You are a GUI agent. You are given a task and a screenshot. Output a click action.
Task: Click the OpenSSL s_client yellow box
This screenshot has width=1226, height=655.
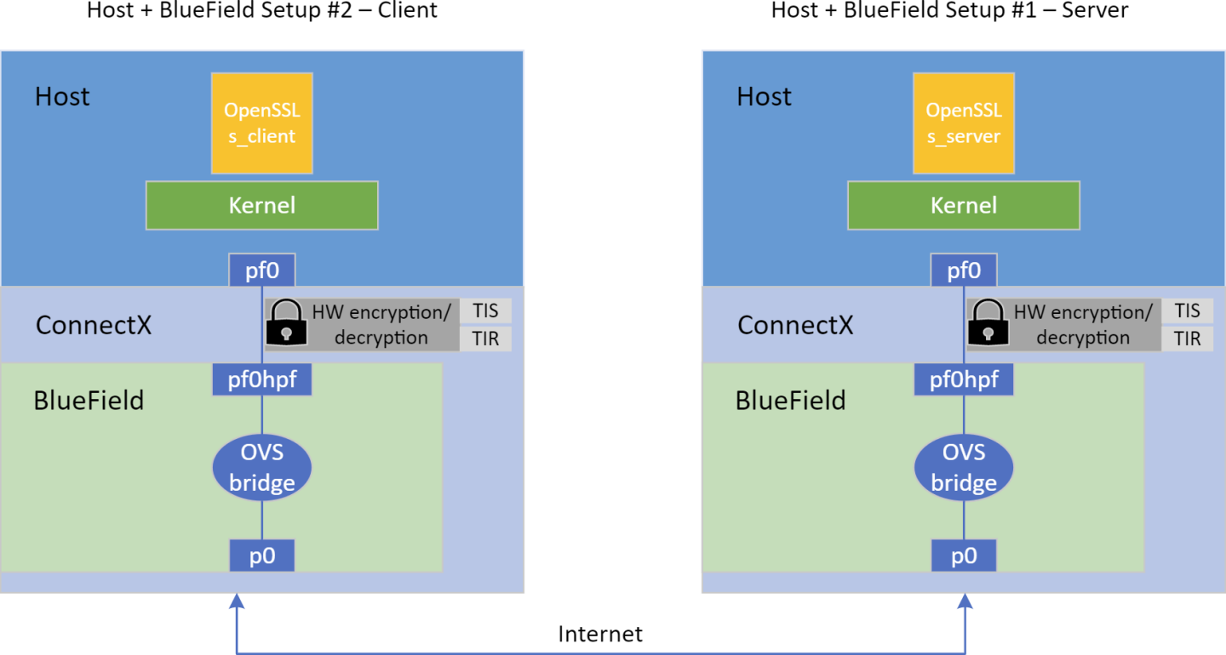click(262, 122)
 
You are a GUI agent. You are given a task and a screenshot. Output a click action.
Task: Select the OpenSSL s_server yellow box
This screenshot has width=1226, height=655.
click(964, 122)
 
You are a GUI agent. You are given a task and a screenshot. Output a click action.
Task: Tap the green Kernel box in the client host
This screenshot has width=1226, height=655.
click(262, 205)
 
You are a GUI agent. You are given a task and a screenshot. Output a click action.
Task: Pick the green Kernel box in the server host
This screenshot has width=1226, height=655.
click(964, 205)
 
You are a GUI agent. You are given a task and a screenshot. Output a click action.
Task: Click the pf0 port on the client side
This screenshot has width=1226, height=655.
click(262, 271)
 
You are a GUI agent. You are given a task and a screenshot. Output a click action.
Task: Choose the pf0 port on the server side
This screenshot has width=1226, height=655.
click(964, 271)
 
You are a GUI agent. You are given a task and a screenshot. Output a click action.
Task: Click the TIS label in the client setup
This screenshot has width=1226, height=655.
click(485, 311)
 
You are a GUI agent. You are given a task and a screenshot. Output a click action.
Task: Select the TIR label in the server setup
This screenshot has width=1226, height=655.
click(1187, 339)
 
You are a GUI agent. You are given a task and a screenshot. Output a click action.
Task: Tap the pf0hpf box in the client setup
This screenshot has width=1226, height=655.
click(262, 379)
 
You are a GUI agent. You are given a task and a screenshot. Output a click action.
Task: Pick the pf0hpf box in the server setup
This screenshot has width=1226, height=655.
click(964, 379)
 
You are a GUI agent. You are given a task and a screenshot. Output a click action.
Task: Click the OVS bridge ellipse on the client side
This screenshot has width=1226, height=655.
click(262, 466)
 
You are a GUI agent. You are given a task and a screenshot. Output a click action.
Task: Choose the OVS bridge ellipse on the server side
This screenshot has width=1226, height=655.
click(964, 466)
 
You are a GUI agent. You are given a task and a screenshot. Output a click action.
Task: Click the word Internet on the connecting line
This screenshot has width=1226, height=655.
click(600, 634)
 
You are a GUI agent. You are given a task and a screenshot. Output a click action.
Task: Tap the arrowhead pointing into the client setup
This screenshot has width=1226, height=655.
click(237, 601)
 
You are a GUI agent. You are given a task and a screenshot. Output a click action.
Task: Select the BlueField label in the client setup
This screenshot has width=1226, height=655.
click(89, 401)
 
